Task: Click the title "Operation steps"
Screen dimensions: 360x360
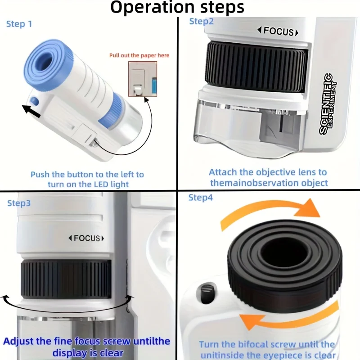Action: [177, 8]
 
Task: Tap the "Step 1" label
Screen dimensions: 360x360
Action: [19, 24]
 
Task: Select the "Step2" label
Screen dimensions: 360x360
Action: [201, 21]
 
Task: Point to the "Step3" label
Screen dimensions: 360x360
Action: [19, 203]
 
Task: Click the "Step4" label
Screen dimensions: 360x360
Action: [201, 198]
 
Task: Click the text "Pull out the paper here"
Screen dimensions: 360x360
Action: [139, 55]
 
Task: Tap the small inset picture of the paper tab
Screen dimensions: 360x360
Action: [143, 79]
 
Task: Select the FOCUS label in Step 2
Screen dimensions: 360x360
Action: [278, 31]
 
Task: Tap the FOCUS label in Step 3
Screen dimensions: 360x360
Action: [86, 238]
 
